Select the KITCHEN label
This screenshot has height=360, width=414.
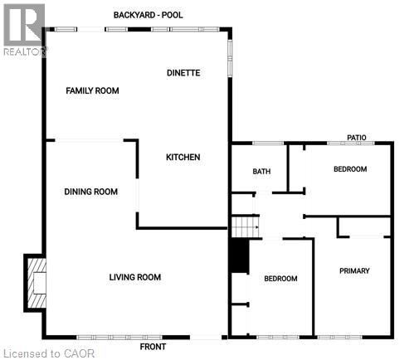(183, 158)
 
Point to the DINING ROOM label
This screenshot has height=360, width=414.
(90, 192)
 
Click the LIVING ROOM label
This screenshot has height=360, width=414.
(135, 277)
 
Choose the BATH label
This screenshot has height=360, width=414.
(261, 172)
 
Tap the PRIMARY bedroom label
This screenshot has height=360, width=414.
(354, 271)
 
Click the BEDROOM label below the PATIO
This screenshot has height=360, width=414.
(349, 169)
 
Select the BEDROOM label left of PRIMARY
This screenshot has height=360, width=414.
(280, 279)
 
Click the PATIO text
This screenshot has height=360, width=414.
(357, 138)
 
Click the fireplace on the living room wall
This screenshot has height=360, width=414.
(36, 282)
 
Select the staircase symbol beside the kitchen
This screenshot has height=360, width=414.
(245, 225)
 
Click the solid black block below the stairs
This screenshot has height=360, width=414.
(239, 255)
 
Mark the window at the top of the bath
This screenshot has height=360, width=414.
(264, 143)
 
